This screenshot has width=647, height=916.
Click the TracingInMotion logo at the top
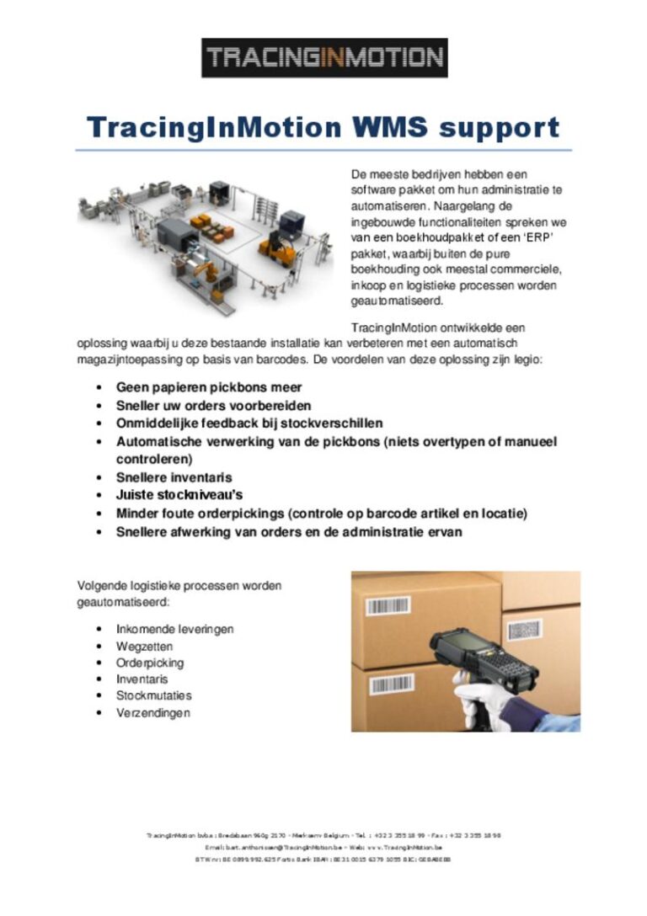[x=324, y=57]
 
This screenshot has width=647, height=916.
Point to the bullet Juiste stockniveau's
[x=179, y=495]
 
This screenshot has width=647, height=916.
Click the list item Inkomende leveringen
[x=174, y=629]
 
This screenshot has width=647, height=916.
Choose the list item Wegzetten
[x=145, y=646]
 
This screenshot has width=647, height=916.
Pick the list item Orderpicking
[x=150, y=663]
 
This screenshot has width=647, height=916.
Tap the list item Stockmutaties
[x=154, y=695]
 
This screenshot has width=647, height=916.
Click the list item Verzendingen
[x=153, y=712]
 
